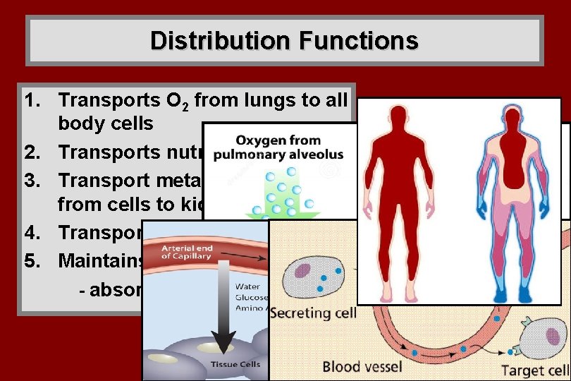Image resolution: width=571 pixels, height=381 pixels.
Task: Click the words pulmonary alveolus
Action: click(279, 155)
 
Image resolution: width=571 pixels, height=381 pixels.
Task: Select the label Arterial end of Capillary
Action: click(187, 253)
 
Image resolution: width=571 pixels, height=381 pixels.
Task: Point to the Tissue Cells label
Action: click(235, 365)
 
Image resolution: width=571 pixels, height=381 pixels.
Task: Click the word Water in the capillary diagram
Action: click(251, 287)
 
